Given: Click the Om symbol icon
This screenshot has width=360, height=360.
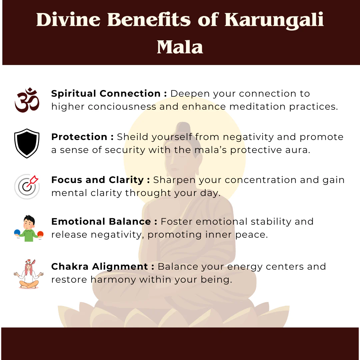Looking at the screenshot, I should (x=27, y=100).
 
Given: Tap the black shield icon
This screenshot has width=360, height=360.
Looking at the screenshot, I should (x=27, y=143).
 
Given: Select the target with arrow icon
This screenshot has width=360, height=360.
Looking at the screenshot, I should (x=27, y=186).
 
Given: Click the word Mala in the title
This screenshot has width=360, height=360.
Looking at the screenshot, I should (x=180, y=47).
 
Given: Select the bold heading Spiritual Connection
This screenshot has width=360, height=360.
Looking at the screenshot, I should (x=106, y=94).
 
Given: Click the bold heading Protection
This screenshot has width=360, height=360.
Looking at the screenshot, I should (x=79, y=137).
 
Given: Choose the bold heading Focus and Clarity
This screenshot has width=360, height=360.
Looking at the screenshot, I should (x=97, y=180).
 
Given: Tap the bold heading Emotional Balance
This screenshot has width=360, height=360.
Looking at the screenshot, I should (x=101, y=222).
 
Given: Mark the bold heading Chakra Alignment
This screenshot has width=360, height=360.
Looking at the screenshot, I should (x=99, y=267).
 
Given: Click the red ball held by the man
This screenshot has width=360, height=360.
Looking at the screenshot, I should (x=40, y=234).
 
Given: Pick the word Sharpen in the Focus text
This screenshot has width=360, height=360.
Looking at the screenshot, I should (x=174, y=180).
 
